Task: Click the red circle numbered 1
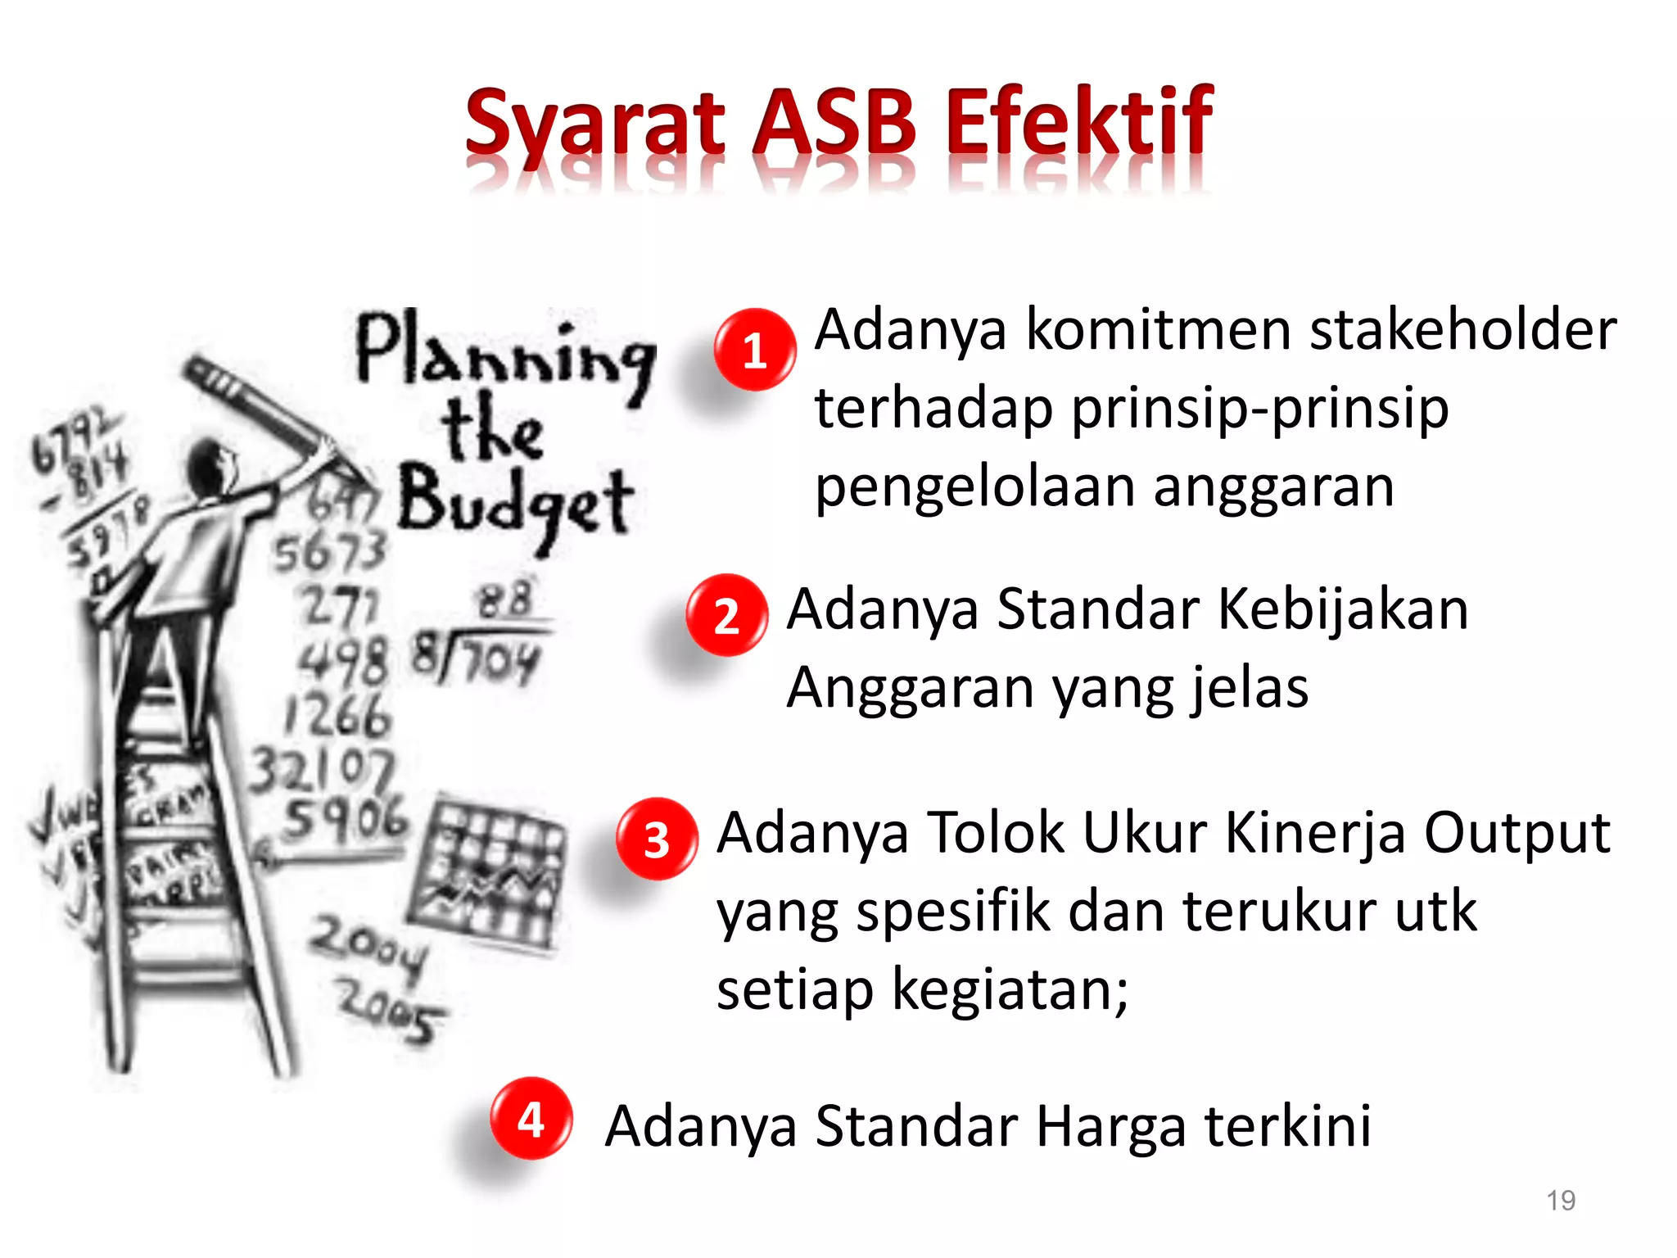coord(754,350)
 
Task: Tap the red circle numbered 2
coord(727,615)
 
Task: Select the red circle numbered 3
coord(657,839)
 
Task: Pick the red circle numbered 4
coord(531,1118)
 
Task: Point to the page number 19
coord(1561,1201)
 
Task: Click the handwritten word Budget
coord(515,501)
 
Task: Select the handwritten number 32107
coord(321,770)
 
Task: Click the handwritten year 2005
coord(391,1014)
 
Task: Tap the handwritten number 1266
coord(338,715)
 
